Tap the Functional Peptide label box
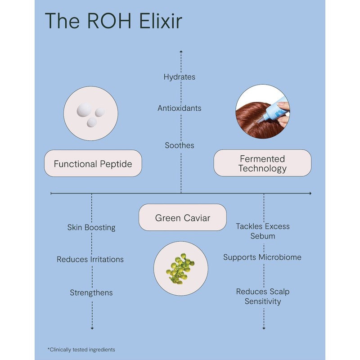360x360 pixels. [93, 163]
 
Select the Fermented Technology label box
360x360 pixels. [262, 163]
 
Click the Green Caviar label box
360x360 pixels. [182, 218]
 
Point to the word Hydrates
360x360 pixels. [180, 77]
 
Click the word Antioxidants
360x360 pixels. [180, 108]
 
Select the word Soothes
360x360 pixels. [180, 145]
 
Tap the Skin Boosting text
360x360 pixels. [91, 227]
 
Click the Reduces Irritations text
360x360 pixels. [90, 259]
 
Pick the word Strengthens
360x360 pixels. [91, 292]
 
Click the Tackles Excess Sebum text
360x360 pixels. [263, 231]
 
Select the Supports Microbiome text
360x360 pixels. [262, 257]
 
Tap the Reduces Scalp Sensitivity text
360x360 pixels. [263, 296]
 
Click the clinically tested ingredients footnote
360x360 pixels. [81, 349]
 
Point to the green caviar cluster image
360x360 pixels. [180, 268]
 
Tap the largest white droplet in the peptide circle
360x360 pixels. [85, 109]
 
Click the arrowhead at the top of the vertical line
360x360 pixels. [181, 52]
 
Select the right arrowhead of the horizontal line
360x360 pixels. [309, 193]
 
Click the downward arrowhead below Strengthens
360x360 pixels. [92, 328]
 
